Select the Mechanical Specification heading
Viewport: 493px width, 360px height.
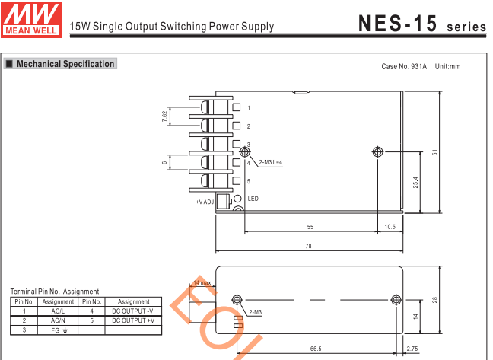(x=65, y=64)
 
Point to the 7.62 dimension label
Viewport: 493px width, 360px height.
(x=164, y=116)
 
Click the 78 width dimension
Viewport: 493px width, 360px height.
(x=309, y=247)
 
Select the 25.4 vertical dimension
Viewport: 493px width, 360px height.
(x=415, y=183)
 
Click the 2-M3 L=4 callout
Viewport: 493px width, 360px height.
(x=270, y=163)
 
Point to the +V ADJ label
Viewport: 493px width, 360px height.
(x=204, y=202)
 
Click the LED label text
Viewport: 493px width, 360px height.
(x=253, y=199)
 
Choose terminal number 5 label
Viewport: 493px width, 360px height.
(x=248, y=181)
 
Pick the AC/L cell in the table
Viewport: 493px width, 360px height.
(x=58, y=311)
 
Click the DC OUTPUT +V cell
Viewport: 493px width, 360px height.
(x=133, y=320)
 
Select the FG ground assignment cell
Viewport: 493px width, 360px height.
(x=58, y=330)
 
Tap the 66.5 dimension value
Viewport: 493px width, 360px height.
(x=315, y=349)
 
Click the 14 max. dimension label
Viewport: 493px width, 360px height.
(x=202, y=282)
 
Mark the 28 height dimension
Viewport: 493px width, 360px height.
(x=434, y=299)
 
